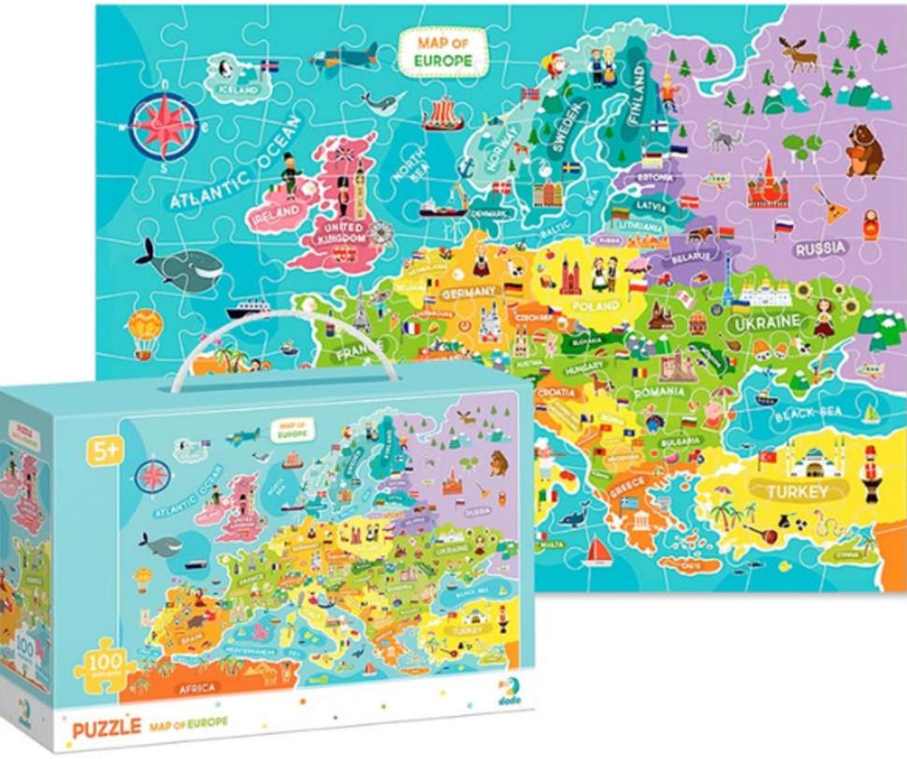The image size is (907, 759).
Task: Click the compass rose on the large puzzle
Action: coord(164,126)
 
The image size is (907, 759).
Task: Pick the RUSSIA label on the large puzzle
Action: coord(821,249)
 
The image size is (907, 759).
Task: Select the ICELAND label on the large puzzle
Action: coord(238,90)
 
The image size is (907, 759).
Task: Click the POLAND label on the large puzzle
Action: coord(596,306)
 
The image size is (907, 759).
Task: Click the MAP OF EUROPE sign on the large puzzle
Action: coord(443,51)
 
